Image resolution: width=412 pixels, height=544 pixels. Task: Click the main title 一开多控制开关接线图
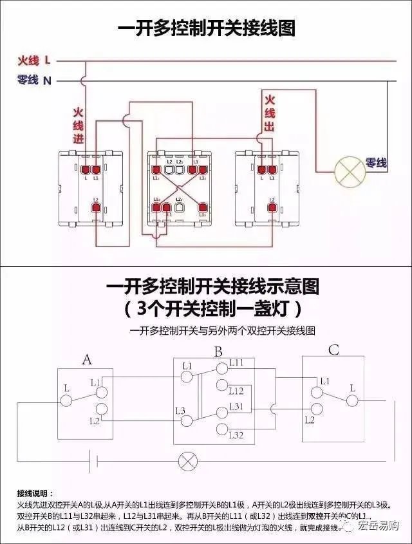[206, 29]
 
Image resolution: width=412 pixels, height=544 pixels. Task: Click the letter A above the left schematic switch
[87, 360]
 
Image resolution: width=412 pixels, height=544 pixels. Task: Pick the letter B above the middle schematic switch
[218, 352]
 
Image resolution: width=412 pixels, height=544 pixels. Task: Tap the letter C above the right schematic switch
[333, 351]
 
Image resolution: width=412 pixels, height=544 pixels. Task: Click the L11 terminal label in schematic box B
[236, 363]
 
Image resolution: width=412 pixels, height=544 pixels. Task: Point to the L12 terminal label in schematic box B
[236, 391]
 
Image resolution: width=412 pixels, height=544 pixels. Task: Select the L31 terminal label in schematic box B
[236, 406]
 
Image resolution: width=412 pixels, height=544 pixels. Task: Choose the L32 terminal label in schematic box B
[236, 436]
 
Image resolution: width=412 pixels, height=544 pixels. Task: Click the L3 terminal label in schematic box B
[180, 410]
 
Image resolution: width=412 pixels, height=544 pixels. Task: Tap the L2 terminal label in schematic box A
[95, 420]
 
